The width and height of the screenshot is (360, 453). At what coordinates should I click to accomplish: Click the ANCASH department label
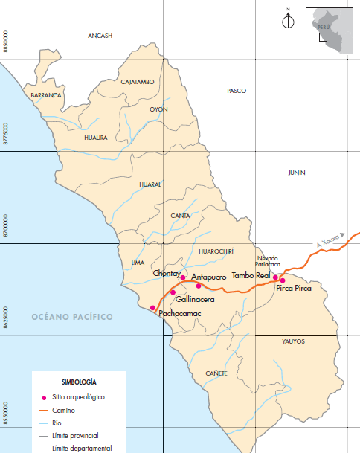pyautogui.click(x=99, y=36)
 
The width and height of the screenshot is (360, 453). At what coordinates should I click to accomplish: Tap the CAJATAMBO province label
pyautogui.click(x=137, y=82)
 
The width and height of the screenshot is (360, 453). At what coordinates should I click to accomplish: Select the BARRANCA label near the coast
pyautogui.click(x=46, y=95)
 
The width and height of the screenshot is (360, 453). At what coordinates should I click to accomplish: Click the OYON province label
pyautogui.click(x=158, y=109)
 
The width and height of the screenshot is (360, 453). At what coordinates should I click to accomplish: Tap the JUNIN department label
pyautogui.click(x=296, y=173)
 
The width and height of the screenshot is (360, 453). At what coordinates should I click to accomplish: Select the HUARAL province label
pyautogui.click(x=150, y=184)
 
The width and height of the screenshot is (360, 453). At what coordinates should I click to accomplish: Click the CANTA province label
pyautogui.click(x=181, y=216)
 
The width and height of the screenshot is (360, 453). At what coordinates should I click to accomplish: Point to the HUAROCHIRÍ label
pyautogui.click(x=216, y=251)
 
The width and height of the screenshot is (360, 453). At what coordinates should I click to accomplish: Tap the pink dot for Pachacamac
pyautogui.click(x=153, y=307)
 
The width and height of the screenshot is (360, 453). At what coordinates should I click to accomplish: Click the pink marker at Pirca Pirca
pyautogui.click(x=283, y=280)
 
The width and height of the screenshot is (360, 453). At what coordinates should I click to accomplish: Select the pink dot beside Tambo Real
pyautogui.click(x=274, y=277)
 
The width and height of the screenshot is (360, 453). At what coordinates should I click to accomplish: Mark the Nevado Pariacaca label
pyautogui.click(x=268, y=260)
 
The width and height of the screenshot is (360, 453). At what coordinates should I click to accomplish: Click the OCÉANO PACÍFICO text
pyautogui.click(x=72, y=317)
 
